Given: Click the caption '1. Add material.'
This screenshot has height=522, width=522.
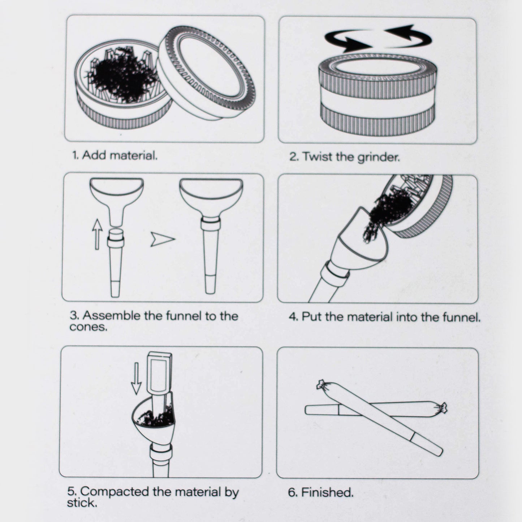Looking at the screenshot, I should [x=115, y=156].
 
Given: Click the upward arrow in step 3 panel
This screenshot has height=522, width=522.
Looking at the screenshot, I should [x=97, y=234].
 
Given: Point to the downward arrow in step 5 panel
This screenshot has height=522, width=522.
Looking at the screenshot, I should [x=136, y=378].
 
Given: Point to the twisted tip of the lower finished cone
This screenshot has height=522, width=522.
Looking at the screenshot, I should [x=441, y=408].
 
